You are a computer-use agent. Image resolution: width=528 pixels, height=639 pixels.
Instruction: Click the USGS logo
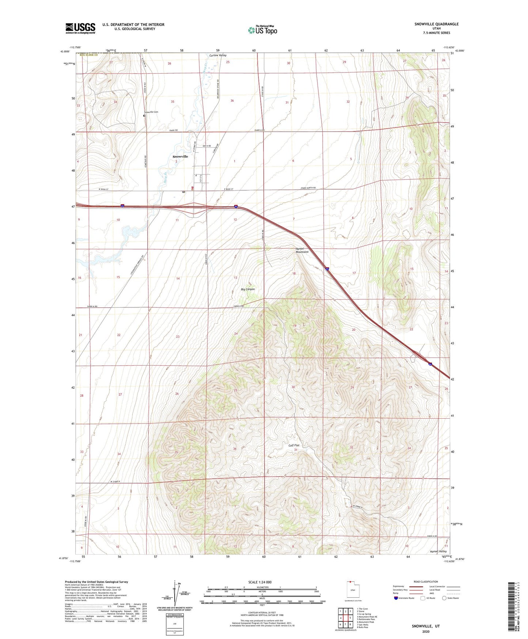pyautogui.click(x=80, y=28)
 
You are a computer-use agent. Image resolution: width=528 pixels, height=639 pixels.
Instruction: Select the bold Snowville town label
pyautogui.click(x=180, y=156)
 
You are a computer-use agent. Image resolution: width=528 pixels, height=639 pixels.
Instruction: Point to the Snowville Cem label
pyautogui.click(x=151, y=112)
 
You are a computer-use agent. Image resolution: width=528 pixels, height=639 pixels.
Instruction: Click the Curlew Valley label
pyautogui.click(x=218, y=56)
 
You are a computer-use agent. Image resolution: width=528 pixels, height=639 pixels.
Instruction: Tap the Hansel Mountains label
pyautogui.click(x=302, y=250)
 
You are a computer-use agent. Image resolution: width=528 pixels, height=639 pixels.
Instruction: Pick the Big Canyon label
pyautogui.click(x=248, y=289)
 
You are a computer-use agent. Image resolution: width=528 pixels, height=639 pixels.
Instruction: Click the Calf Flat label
pyautogui.click(x=294, y=445)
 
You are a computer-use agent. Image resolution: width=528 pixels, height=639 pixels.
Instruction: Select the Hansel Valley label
pyautogui.click(x=438, y=551)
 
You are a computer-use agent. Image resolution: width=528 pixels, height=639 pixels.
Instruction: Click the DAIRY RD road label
pyautogui.click(x=174, y=130)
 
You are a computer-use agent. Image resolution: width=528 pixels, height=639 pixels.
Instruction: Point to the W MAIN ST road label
pyautogui.click(x=105, y=189)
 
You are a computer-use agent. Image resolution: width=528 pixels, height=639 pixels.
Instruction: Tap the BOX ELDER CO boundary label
pyautogui.click(x=87, y=55)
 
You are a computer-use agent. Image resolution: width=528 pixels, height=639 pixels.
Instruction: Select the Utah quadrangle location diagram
pyautogui.click(x=353, y=590)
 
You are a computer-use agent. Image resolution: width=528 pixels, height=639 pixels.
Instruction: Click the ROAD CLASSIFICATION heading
pyautogui.click(x=425, y=582)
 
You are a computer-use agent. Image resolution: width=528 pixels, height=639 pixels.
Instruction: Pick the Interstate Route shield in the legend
pyautogui.click(x=396, y=598)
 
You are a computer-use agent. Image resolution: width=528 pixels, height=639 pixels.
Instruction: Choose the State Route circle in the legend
pyautogui.click(x=444, y=598)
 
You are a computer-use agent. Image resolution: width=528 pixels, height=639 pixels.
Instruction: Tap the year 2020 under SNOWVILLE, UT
pyautogui.click(x=426, y=631)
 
